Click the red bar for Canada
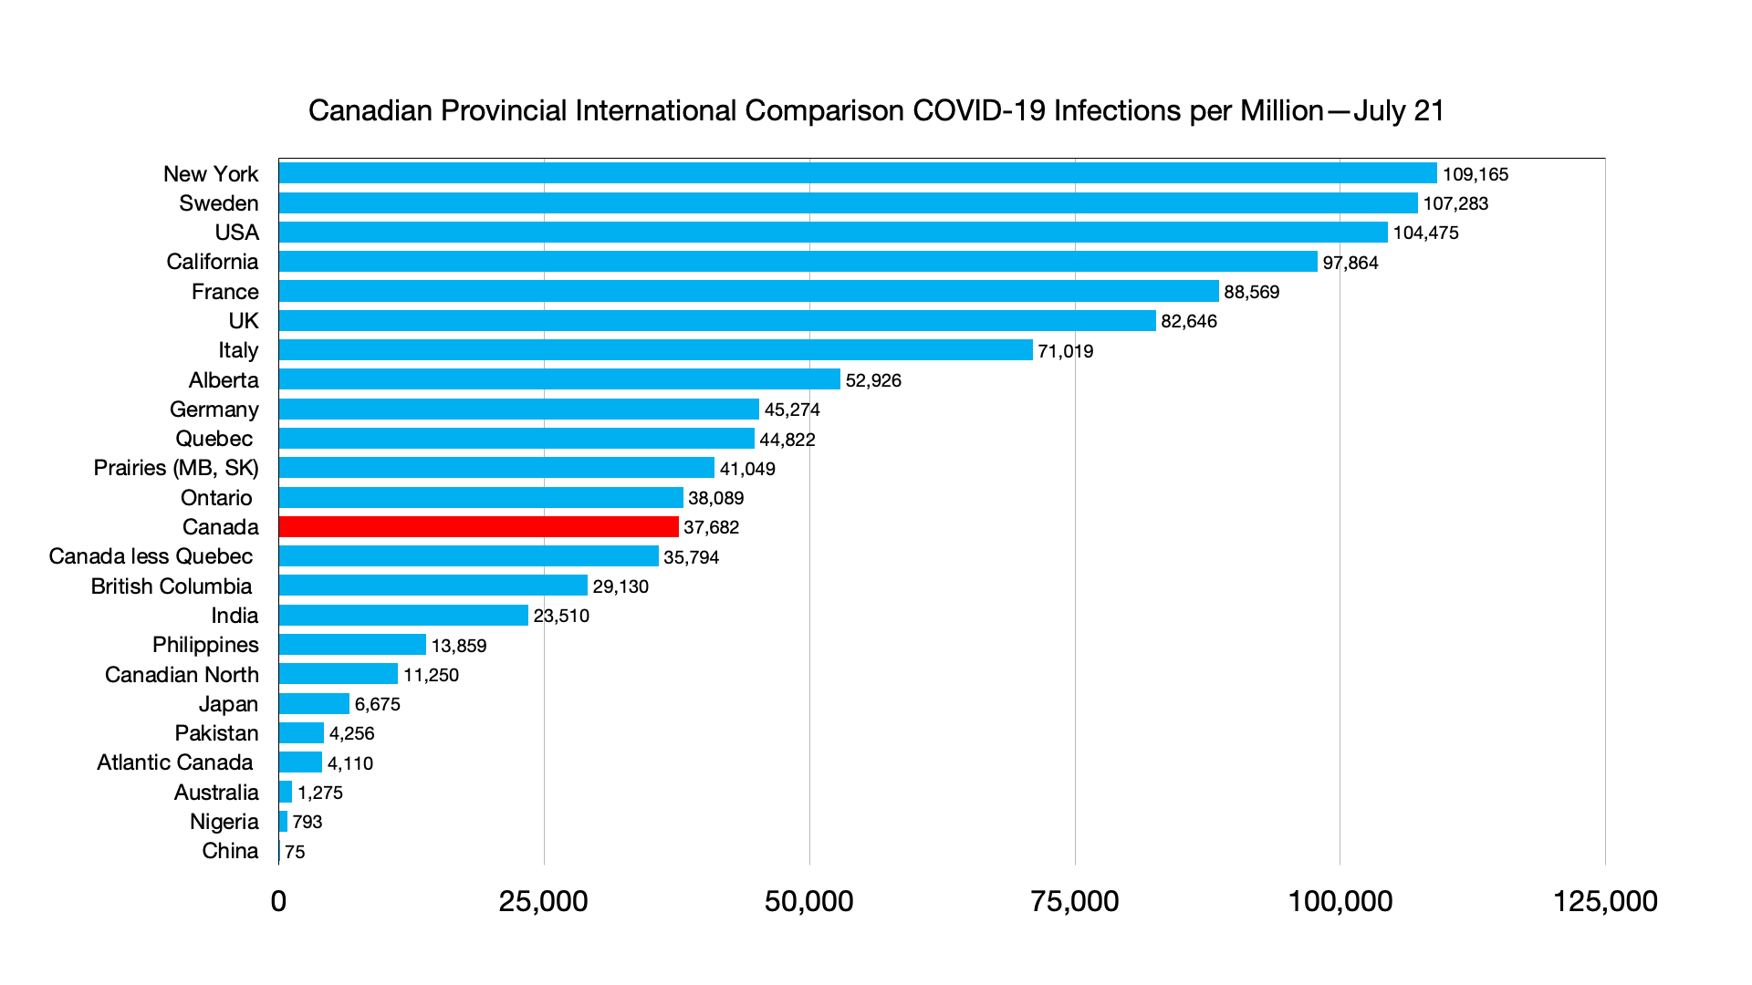click(478, 527)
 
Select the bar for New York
click(858, 173)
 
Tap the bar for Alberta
click(559, 379)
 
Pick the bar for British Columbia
click(433, 586)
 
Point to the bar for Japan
click(314, 704)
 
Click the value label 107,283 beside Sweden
click(1455, 203)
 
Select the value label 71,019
click(1065, 351)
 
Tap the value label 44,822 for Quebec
click(787, 440)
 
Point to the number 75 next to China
click(295, 852)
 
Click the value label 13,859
click(459, 646)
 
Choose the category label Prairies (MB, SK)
click(176, 468)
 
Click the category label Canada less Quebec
click(151, 556)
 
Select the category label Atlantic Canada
click(174, 762)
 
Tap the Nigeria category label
click(224, 822)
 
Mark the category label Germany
click(214, 410)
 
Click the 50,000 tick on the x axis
click(808, 901)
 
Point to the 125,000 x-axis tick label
click(1605, 901)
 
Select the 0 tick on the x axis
click(278, 901)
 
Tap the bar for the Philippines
click(352, 645)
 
